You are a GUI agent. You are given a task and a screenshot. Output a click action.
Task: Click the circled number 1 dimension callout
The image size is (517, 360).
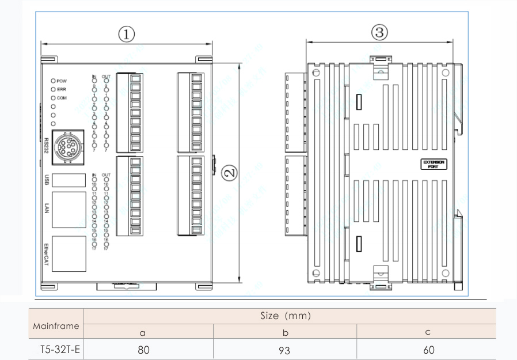pos(127,34)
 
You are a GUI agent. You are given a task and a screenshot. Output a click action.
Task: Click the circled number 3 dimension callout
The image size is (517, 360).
pos(379,33)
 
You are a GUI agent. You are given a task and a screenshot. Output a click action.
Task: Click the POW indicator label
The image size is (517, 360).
pos(62,81)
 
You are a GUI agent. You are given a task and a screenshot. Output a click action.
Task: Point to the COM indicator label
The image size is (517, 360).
pos(62,98)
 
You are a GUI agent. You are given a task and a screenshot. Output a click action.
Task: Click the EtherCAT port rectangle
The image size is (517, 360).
pos(69,253)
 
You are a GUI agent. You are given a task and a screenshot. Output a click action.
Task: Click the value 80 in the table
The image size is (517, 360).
pos(144,350)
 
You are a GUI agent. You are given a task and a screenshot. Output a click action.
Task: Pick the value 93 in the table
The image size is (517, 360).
pos(285,350)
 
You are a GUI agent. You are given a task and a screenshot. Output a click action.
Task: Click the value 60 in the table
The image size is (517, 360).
pos(428,350)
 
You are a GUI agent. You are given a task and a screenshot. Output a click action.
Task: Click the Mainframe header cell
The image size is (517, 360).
pos(56,326)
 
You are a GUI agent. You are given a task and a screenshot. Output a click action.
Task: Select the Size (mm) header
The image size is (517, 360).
pos(290,316)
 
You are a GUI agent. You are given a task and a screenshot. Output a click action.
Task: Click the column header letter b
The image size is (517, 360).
pos(285,332)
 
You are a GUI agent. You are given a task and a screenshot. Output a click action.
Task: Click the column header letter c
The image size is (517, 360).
pos(428,332)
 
